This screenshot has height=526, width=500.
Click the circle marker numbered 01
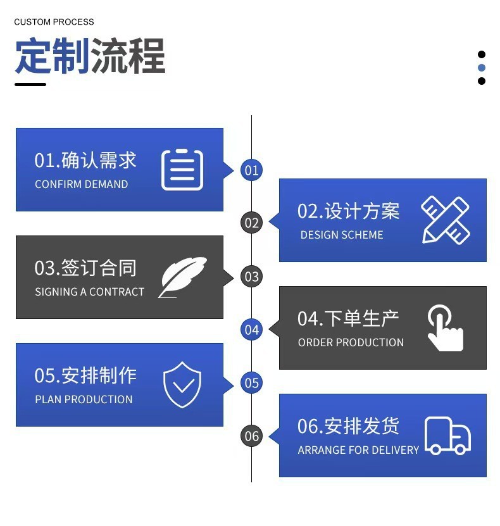(252, 170)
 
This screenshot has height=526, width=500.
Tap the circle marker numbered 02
(252, 223)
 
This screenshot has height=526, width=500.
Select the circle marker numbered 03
(252, 277)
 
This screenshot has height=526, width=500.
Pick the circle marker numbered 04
(252, 330)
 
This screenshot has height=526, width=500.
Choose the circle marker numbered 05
(252, 383)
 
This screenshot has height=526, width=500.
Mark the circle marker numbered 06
(252, 436)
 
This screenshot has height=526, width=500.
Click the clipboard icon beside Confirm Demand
(182, 170)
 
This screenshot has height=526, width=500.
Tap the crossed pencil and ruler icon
(446, 220)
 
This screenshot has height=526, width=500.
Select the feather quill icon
(182, 277)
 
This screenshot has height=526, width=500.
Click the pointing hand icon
(445, 328)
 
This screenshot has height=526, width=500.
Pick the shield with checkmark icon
(182, 384)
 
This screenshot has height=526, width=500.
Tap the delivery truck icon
(447, 435)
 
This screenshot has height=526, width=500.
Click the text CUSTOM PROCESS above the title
(54, 22)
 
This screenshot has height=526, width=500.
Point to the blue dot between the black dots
(482, 68)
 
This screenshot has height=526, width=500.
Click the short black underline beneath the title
(30, 84)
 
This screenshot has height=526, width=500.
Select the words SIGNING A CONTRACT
(89, 292)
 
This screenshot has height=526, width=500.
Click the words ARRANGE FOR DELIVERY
(358, 450)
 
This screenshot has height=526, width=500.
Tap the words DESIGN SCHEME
(342, 235)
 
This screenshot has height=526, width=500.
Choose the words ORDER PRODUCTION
(351, 342)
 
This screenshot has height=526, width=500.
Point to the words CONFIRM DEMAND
(81, 184)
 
